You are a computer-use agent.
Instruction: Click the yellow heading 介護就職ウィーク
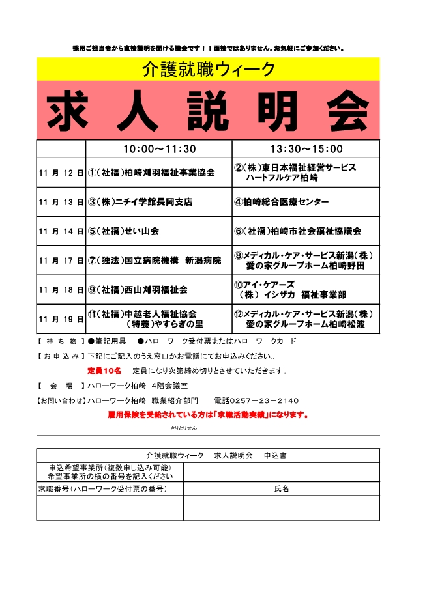point(208,69)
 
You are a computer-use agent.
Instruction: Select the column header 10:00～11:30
point(159,149)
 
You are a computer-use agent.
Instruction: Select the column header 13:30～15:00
point(306,149)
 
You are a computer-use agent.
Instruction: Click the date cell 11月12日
point(61,173)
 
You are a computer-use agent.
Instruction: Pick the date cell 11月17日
point(61,260)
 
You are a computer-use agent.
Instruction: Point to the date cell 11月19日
point(61,319)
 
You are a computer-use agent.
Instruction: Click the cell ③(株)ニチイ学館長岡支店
point(140,202)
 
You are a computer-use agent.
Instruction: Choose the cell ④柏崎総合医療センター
point(282,202)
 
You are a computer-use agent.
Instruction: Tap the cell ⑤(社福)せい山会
point(124,231)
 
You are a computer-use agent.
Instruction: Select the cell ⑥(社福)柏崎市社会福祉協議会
point(298,231)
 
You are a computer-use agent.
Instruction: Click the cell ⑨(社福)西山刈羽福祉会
point(138,290)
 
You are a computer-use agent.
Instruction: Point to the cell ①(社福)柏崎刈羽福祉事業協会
point(151,173)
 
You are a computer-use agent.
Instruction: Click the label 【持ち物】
point(59,341)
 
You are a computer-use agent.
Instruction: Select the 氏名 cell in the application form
point(281,488)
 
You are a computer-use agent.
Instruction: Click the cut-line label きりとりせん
point(184,428)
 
